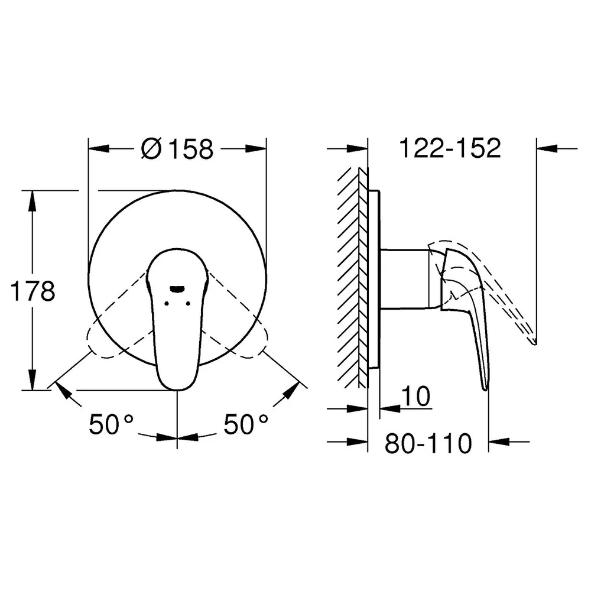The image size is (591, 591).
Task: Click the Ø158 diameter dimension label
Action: click(x=177, y=148)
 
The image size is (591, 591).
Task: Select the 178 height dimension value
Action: click(x=33, y=291)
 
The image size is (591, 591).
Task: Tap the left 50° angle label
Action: click(x=111, y=424)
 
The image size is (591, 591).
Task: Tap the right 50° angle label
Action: click(x=246, y=424)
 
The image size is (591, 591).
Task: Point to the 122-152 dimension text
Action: click(x=450, y=148)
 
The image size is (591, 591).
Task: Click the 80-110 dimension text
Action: click(x=428, y=443)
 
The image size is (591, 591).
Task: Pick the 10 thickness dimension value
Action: click(x=415, y=396)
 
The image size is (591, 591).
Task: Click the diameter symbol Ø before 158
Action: click(x=151, y=148)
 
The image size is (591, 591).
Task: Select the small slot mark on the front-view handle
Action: click(x=177, y=289)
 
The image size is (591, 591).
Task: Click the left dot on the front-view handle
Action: click(x=166, y=303)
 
